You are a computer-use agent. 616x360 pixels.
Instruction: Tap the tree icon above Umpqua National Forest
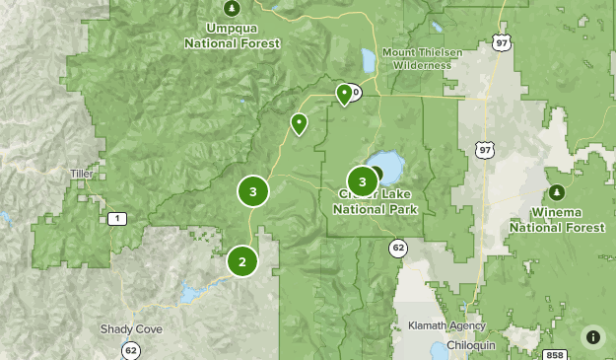[232, 9]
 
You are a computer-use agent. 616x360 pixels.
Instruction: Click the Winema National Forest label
[557, 220]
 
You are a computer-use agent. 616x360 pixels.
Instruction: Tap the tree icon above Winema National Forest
[557, 191]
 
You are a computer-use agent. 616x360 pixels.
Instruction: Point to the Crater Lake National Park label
[376, 203]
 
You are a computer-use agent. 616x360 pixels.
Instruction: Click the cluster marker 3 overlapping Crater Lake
[363, 181]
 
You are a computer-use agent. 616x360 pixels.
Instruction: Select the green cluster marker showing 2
[241, 262]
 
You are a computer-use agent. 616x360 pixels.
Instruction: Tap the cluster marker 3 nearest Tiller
[253, 191]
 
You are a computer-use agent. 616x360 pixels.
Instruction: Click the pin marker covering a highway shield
[344, 94]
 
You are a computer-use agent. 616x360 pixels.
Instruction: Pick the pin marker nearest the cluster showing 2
[298, 123]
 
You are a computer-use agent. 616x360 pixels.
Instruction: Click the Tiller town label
[81, 174]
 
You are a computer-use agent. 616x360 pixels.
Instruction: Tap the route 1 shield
[118, 218]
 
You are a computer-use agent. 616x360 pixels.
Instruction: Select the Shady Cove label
[131, 329]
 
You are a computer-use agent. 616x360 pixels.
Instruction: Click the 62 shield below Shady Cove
[131, 349]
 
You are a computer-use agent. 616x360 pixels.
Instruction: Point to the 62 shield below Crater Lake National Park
[397, 247]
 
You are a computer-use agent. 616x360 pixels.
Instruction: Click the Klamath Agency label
[446, 325]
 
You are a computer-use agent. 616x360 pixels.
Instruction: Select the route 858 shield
[555, 355]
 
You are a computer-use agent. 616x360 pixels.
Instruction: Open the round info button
[592, 337]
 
